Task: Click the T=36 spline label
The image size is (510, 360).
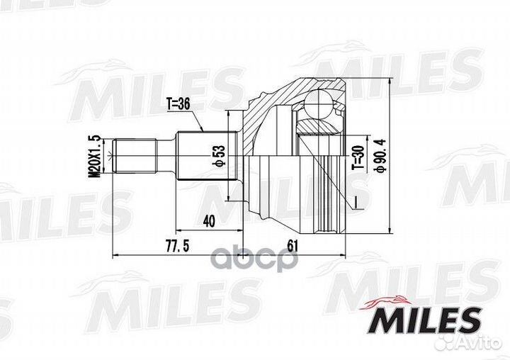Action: (178, 104)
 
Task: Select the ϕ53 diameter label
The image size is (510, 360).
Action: (219, 156)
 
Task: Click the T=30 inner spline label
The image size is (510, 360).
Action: (358, 157)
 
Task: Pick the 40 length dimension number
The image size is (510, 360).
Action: (209, 222)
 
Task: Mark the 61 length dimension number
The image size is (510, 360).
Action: (293, 246)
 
